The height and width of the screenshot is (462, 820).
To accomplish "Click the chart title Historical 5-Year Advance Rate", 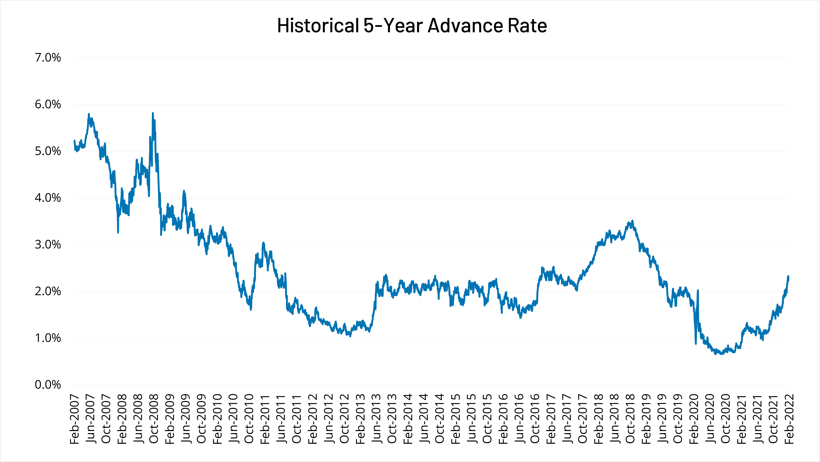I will click(x=412, y=26).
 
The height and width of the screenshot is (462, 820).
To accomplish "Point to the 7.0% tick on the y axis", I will click(x=48, y=58).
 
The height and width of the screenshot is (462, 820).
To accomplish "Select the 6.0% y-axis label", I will click(x=48, y=105).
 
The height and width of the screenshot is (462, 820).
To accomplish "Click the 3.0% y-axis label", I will click(x=48, y=245).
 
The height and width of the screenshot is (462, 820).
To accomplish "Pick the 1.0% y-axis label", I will click(x=48, y=338).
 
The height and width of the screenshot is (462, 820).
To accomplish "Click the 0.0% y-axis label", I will click(x=48, y=385).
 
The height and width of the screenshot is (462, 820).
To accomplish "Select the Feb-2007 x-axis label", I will click(x=74, y=419).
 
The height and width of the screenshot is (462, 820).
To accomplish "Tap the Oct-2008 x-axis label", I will click(x=153, y=419).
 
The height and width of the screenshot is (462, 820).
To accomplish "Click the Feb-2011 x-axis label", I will click(x=265, y=419).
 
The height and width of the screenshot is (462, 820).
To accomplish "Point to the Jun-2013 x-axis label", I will click(x=376, y=419).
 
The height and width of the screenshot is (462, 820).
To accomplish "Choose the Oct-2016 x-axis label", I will click(x=535, y=419).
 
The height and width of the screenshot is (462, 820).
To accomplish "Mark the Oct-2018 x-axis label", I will click(x=630, y=419).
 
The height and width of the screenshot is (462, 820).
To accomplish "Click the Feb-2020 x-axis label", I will click(x=694, y=419).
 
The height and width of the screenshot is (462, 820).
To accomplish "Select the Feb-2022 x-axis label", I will click(x=789, y=419).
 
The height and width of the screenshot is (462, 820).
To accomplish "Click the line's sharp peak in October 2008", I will click(x=153, y=113).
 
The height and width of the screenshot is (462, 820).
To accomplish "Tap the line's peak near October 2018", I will click(x=632, y=220).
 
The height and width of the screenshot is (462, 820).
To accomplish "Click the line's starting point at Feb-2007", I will click(x=74, y=141).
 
